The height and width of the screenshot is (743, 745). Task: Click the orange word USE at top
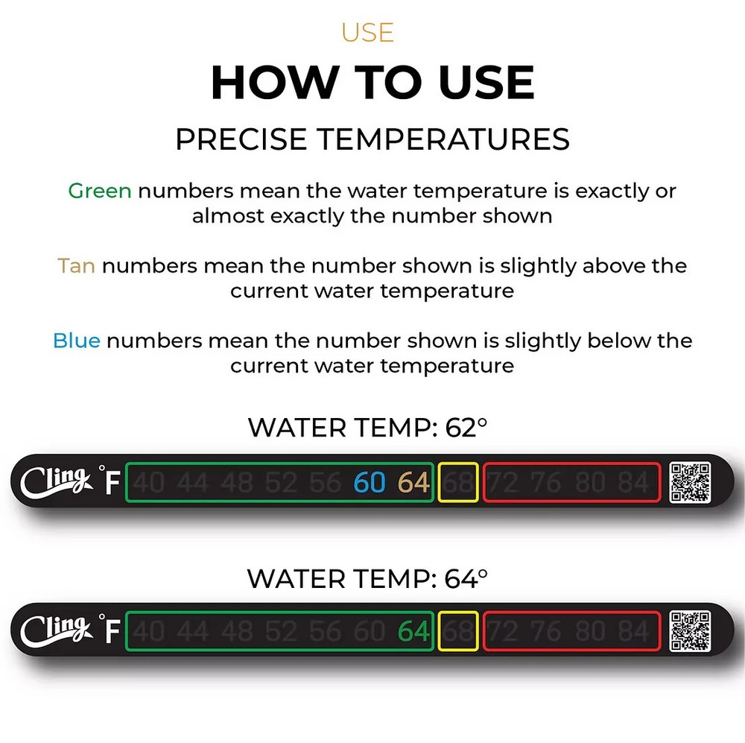point(367,33)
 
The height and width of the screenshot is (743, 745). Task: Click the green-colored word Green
point(100,191)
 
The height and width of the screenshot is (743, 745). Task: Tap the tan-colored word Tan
point(76,265)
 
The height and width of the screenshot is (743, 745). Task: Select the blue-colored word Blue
point(76,341)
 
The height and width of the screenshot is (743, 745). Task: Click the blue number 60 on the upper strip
point(370,483)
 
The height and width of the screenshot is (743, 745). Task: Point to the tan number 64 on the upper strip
point(413,483)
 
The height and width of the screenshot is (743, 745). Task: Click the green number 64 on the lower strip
point(413,632)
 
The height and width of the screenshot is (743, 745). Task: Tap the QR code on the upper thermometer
point(690,482)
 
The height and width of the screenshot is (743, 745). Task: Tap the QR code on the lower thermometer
point(690,631)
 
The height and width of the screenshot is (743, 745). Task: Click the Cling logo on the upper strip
point(55,482)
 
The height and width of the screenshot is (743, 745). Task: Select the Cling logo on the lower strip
point(55,631)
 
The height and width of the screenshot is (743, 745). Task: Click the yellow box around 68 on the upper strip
point(458,483)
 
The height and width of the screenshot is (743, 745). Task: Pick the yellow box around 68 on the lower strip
point(458,632)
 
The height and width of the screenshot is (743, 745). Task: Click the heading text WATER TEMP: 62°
point(367,428)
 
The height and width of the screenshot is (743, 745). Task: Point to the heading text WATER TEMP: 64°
point(367,578)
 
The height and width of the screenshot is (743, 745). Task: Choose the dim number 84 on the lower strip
point(634,632)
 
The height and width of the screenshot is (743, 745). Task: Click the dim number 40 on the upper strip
point(150,483)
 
